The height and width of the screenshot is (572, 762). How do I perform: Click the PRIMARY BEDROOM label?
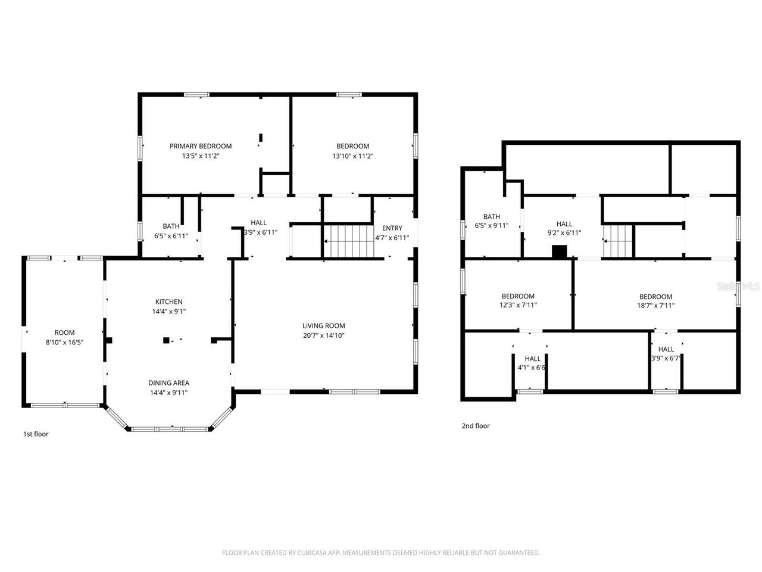(x=201, y=146)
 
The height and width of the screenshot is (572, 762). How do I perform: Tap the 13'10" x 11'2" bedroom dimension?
(x=352, y=156)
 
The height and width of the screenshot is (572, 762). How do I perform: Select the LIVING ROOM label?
(x=323, y=325)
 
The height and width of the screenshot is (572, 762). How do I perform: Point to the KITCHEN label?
(x=168, y=301)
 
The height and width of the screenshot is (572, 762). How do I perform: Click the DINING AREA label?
(x=168, y=383)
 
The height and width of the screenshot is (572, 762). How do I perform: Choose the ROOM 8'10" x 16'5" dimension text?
(x=64, y=343)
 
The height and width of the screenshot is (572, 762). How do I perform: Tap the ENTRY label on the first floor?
(x=392, y=228)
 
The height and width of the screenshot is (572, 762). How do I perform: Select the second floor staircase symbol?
(x=617, y=241)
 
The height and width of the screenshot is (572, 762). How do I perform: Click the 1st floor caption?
(x=36, y=434)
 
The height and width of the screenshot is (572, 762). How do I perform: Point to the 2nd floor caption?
(x=475, y=425)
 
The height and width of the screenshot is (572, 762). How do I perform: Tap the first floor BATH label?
(x=171, y=226)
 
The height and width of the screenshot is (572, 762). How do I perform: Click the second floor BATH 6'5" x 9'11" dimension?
(x=491, y=226)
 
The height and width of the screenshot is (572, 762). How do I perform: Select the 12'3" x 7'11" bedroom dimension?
(x=518, y=305)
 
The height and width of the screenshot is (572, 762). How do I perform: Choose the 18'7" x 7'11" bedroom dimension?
(x=655, y=306)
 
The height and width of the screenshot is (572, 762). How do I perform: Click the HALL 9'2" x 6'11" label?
(x=564, y=224)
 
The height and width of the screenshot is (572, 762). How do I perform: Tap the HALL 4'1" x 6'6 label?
(x=532, y=359)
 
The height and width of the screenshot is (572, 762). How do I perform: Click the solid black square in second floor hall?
(x=560, y=251)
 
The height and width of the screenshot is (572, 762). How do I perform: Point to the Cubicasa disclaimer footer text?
(x=380, y=552)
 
